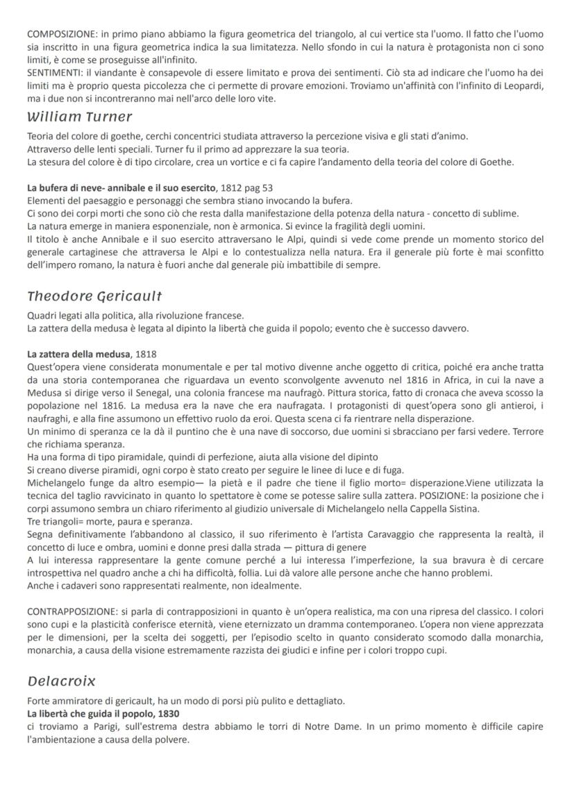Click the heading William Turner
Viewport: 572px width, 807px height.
pyautogui.click(x=79, y=117)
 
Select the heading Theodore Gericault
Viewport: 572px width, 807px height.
pyautogui.click(x=95, y=296)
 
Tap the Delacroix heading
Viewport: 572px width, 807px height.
pyautogui.click(x=61, y=681)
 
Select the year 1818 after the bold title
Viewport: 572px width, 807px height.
pyautogui.click(x=146, y=355)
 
